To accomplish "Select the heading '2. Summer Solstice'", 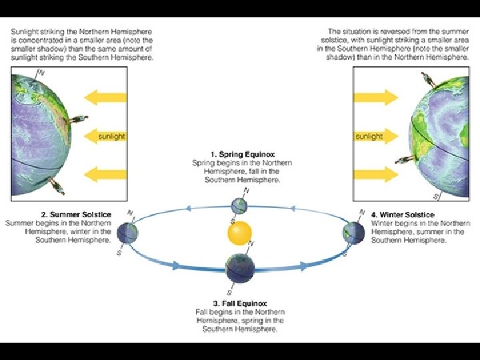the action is [77, 214].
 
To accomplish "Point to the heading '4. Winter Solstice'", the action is [403, 215].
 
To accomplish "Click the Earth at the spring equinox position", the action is [239, 205].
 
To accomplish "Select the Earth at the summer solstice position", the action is [127, 233].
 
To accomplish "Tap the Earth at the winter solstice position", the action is [352, 233].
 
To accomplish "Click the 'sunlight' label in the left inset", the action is [111, 136].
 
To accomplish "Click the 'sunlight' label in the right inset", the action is [369, 136].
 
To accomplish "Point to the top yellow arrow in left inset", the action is [107, 99].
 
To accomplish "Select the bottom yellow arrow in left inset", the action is [107, 175].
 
